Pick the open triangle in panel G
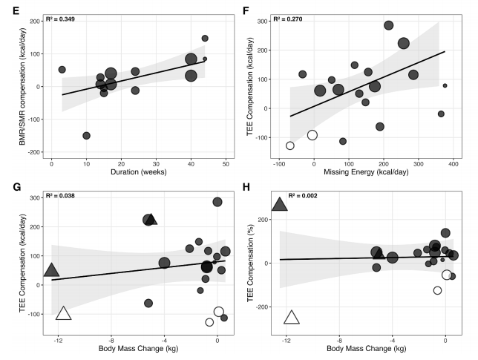63,313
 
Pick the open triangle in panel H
292,318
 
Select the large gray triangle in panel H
280,204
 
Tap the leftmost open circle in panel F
290,145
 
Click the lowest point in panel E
86,135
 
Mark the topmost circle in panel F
388,25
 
